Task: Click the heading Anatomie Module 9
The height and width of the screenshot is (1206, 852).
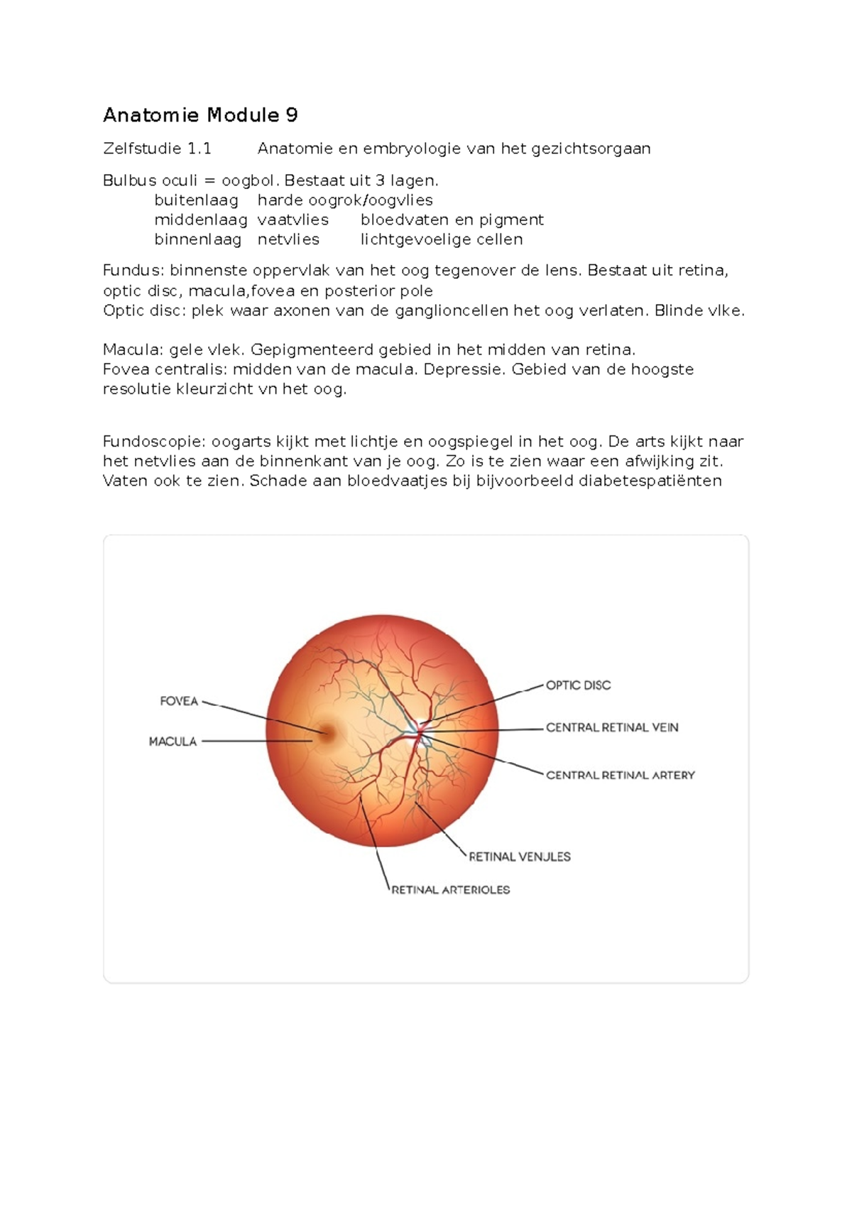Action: (x=200, y=115)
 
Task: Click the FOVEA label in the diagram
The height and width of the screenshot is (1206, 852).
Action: (x=179, y=701)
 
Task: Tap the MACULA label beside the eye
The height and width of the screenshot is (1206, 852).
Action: (x=173, y=741)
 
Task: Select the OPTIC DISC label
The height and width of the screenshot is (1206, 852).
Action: (x=578, y=685)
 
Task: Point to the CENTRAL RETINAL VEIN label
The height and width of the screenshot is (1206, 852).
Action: (x=612, y=727)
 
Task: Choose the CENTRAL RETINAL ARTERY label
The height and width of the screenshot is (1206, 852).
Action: (x=620, y=775)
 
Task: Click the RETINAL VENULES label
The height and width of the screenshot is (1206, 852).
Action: (x=520, y=857)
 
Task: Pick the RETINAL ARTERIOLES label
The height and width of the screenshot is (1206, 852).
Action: (x=451, y=889)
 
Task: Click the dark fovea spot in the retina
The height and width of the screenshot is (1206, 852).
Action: (x=327, y=734)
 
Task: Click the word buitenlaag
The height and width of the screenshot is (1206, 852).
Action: (x=196, y=200)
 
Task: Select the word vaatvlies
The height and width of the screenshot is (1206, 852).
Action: (x=293, y=220)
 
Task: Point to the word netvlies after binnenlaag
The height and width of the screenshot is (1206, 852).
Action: (x=288, y=239)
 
